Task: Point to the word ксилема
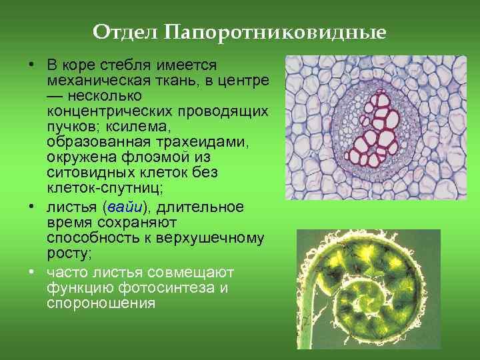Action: [x=183, y=126]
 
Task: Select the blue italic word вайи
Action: [x=124, y=207]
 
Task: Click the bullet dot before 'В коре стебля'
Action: [x=32, y=65]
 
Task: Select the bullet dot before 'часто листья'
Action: [x=32, y=273]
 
